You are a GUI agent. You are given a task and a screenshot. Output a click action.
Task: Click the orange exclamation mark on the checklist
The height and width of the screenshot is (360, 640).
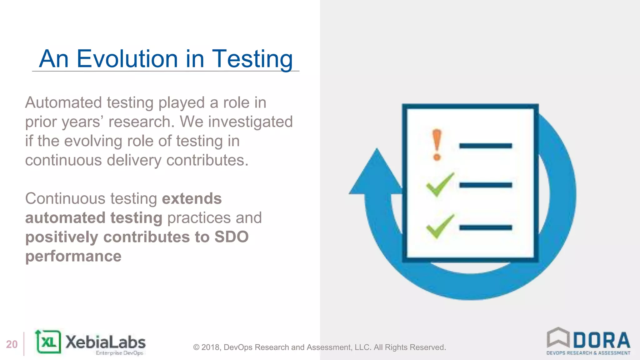pyautogui.click(x=437, y=145)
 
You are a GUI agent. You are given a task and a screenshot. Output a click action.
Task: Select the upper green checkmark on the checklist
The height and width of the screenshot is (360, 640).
pyautogui.click(x=440, y=185)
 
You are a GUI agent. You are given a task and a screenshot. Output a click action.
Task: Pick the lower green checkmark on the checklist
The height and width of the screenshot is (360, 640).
pyautogui.click(x=440, y=227)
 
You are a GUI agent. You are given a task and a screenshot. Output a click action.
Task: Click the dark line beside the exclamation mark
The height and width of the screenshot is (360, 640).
pyautogui.click(x=485, y=146)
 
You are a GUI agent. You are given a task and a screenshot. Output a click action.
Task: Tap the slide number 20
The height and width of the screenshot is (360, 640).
pyautogui.click(x=12, y=344)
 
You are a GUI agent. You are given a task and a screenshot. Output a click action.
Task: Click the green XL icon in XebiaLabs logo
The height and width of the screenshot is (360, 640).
pyautogui.click(x=48, y=342)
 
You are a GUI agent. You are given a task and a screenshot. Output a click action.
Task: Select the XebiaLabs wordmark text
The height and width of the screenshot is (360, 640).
pyautogui.click(x=105, y=342)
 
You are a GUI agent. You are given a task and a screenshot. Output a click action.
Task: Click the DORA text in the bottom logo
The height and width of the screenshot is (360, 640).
pyautogui.click(x=602, y=340)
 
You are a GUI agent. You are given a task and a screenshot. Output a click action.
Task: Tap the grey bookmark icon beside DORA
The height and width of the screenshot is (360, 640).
pyautogui.click(x=558, y=337)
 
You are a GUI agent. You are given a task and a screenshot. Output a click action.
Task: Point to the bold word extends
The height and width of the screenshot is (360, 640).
pyautogui.click(x=192, y=199)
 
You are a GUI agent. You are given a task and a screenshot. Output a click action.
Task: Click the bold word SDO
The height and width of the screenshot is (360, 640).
pyautogui.click(x=231, y=237)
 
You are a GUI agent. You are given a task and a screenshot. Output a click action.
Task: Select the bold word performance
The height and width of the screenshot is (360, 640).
pyautogui.click(x=73, y=256)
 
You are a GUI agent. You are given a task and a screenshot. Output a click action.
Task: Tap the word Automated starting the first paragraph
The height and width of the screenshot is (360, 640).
pyautogui.click(x=63, y=103)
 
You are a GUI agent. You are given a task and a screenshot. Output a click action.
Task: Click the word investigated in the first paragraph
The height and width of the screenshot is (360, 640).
pyautogui.click(x=250, y=122)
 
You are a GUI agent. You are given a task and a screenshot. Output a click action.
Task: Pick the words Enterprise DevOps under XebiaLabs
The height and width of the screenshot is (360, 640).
pyautogui.click(x=119, y=353)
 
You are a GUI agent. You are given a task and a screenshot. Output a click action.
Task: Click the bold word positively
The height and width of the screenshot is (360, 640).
pyautogui.click(x=62, y=237)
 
